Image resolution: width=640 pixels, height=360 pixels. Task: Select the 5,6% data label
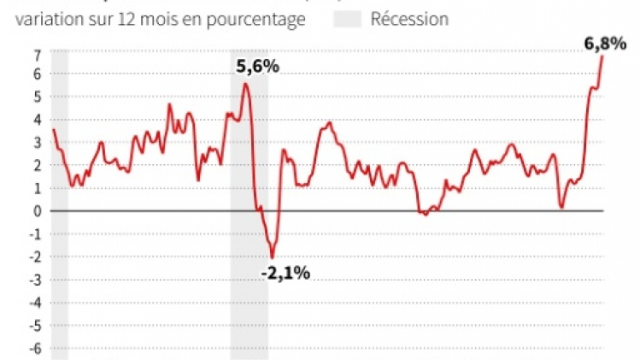coord(257,65)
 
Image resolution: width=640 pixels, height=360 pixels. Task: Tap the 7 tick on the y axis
coord(38,54)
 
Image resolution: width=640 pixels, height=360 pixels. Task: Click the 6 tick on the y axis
coord(38,74)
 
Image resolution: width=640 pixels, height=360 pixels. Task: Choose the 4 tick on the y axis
coord(38,119)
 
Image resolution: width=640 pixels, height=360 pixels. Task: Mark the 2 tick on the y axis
coord(38,165)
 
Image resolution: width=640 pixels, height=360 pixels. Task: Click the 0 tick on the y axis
coord(38,210)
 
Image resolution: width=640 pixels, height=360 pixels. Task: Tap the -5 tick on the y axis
coord(36,325)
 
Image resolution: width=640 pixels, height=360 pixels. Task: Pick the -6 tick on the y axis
coord(36,348)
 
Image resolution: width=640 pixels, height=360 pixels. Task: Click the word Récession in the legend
coord(409,19)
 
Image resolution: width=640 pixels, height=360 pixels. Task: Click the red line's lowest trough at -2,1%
coord(273,257)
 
